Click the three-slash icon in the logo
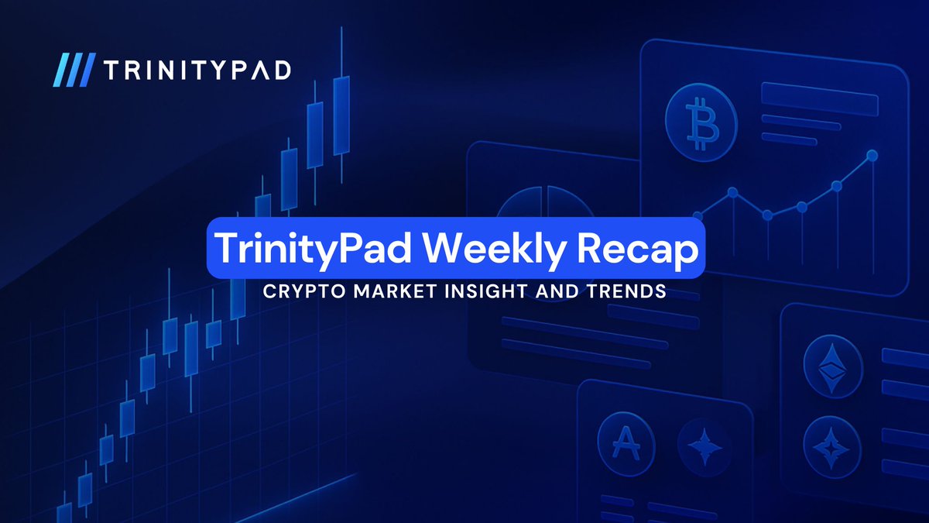tap(74, 70)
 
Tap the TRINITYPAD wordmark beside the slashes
tap(197, 70)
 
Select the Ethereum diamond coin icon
tap(833, 367)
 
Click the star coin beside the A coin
tap(704, 447)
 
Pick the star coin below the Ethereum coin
tap(833, 446)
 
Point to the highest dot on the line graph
tap(872, 156)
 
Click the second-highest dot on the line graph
tap(836, 186)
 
